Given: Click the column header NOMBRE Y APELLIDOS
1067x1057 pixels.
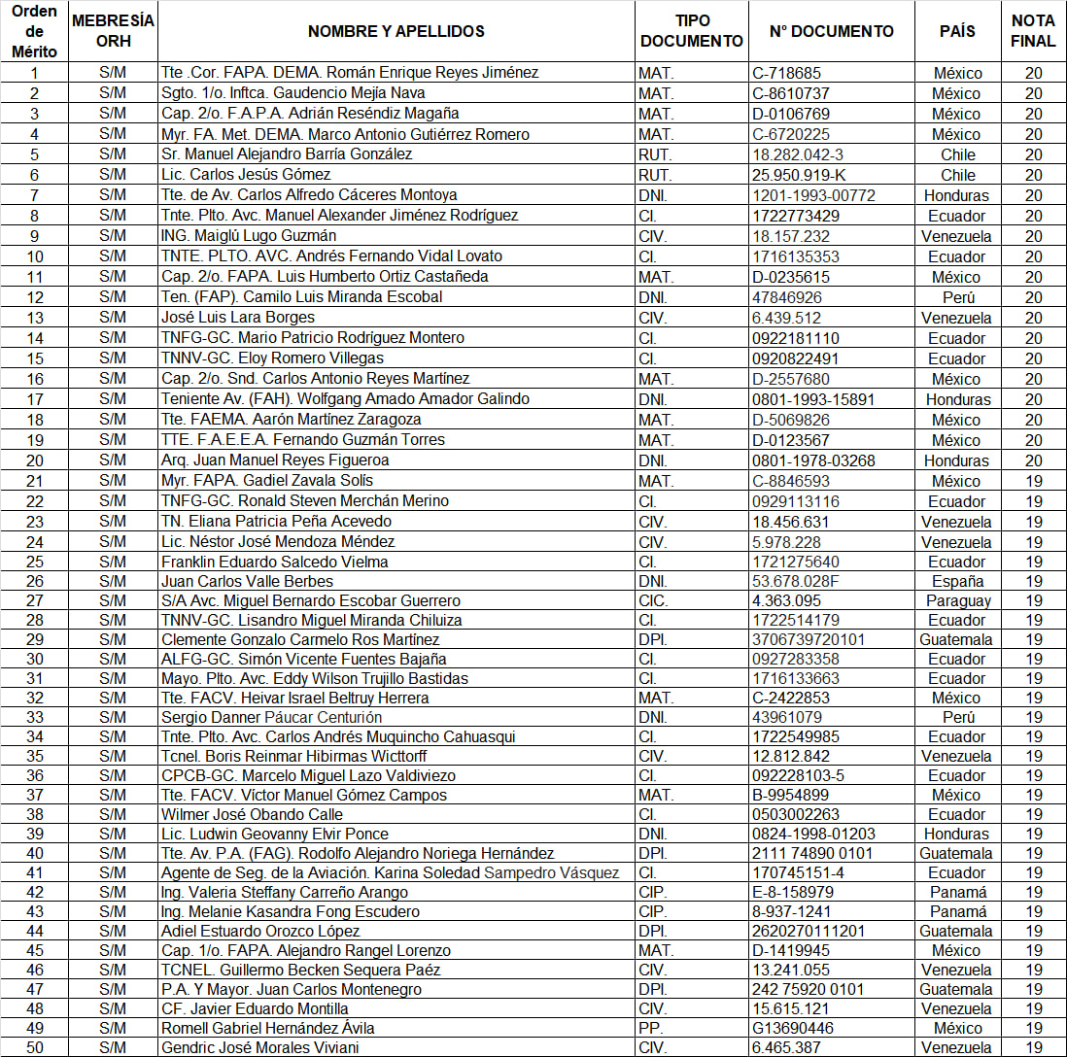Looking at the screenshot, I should point(396,31).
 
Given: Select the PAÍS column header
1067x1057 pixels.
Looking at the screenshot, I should point(957,31).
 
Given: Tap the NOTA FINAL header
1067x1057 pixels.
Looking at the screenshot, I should point(1033,31).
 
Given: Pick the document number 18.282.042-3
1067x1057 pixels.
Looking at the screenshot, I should point(797,154).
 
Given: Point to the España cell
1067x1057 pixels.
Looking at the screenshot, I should point(957,581).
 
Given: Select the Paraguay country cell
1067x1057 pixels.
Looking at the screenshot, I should point(957,600).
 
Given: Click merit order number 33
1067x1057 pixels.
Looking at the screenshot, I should point(35,717).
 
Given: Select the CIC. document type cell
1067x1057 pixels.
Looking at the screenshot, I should point(653,600).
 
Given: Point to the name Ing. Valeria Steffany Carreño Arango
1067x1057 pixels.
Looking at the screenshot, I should point(285,892).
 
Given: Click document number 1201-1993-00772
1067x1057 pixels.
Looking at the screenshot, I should point(813,195).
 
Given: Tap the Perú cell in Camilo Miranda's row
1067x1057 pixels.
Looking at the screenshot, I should point(957,297).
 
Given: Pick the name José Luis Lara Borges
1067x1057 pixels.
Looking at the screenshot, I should point(238,318).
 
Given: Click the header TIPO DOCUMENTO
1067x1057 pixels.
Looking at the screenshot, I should point(692,31).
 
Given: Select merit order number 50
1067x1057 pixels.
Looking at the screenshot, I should point(35,1047).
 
